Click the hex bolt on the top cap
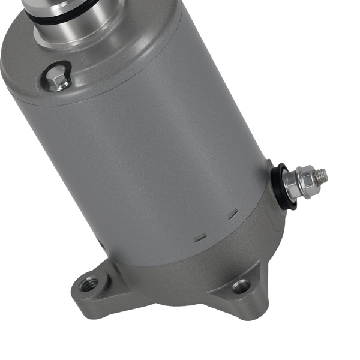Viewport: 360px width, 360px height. coord(58,77)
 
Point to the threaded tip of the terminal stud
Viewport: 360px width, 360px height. coord(322,175)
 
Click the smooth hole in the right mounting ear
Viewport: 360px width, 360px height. coord(241,286)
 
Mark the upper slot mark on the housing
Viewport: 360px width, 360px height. coord(233,212)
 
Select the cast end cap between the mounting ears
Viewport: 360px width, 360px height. coord(174,282)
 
